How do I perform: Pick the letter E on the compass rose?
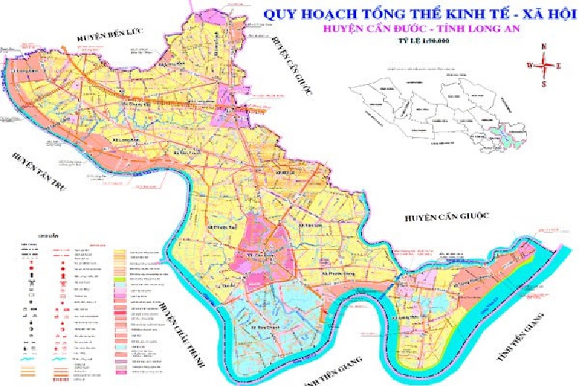tap(559, 65)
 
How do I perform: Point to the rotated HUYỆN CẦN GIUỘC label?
tap(289, 65)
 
